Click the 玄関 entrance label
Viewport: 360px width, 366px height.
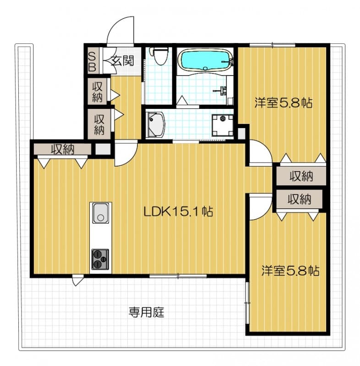pyautogui.click(x=122, y=60)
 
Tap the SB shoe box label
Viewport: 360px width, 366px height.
pyautogui.click(x=92, y=61)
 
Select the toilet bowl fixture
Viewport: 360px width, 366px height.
pyautogui.click(x=159, y=57)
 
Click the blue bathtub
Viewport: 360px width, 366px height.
pyautogui.click(x=205, y=60)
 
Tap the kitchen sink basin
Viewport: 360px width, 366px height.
pyautogui.click(x=100, y=213)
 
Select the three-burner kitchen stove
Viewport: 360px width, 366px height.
pyautogui.click(x=100, y=259)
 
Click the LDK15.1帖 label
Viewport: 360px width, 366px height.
pyautogui.click(x=178, y=211)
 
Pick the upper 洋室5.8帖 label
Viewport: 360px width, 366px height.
pyautogui.click(x=283, y=102)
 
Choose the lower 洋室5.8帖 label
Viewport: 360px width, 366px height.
pyautogui.click(x=290, y=270)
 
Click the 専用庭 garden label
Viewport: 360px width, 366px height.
pyautogui.click(x=146, y=313)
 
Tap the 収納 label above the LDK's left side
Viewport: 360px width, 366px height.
pyautogui.click(x=63, y=149)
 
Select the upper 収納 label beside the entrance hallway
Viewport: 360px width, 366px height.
pyautogui.click(x=98, y=91)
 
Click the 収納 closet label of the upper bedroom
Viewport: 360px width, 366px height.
pyautogui.click(x=300, y=175)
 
